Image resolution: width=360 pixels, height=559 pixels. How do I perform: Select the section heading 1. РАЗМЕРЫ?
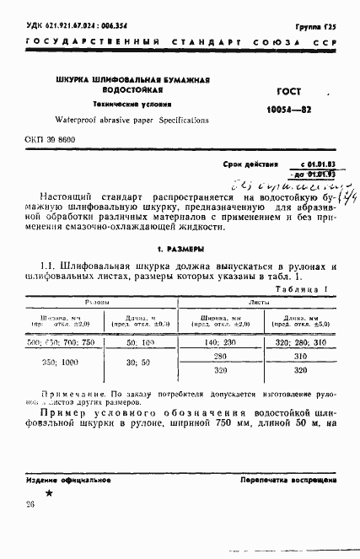click(180, 250)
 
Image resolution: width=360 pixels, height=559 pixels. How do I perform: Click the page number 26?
click(30, 505)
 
